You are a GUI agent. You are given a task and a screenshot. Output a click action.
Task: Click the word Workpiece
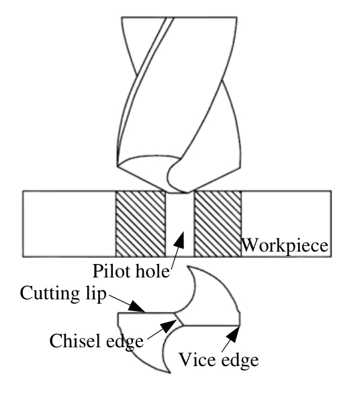pos(285,245)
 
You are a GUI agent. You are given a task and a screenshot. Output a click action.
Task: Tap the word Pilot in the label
pos(111,271)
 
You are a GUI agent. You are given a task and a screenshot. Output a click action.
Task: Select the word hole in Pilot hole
pos(151,271)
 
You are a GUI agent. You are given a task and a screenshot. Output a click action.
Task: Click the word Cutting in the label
pos(50,294)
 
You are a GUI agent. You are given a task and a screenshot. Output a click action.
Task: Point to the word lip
pos(95,294)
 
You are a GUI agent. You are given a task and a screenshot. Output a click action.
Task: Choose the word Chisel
pos(77,341)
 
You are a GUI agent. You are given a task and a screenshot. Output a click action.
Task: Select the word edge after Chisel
pos(125,342)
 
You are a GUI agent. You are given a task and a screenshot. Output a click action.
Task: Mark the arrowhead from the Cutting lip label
pos(136,306)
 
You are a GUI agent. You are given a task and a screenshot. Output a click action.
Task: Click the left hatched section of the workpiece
pos(141,224)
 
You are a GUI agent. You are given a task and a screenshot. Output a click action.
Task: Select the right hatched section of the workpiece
pos(218,224)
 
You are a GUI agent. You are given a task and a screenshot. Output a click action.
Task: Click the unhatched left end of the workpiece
pos(69,224)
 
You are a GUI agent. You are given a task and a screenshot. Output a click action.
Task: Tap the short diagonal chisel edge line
pos(179,319)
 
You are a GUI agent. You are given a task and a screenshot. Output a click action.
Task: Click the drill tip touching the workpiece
pos(179,192)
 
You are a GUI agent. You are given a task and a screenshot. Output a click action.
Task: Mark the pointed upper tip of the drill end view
pos(188,267)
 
